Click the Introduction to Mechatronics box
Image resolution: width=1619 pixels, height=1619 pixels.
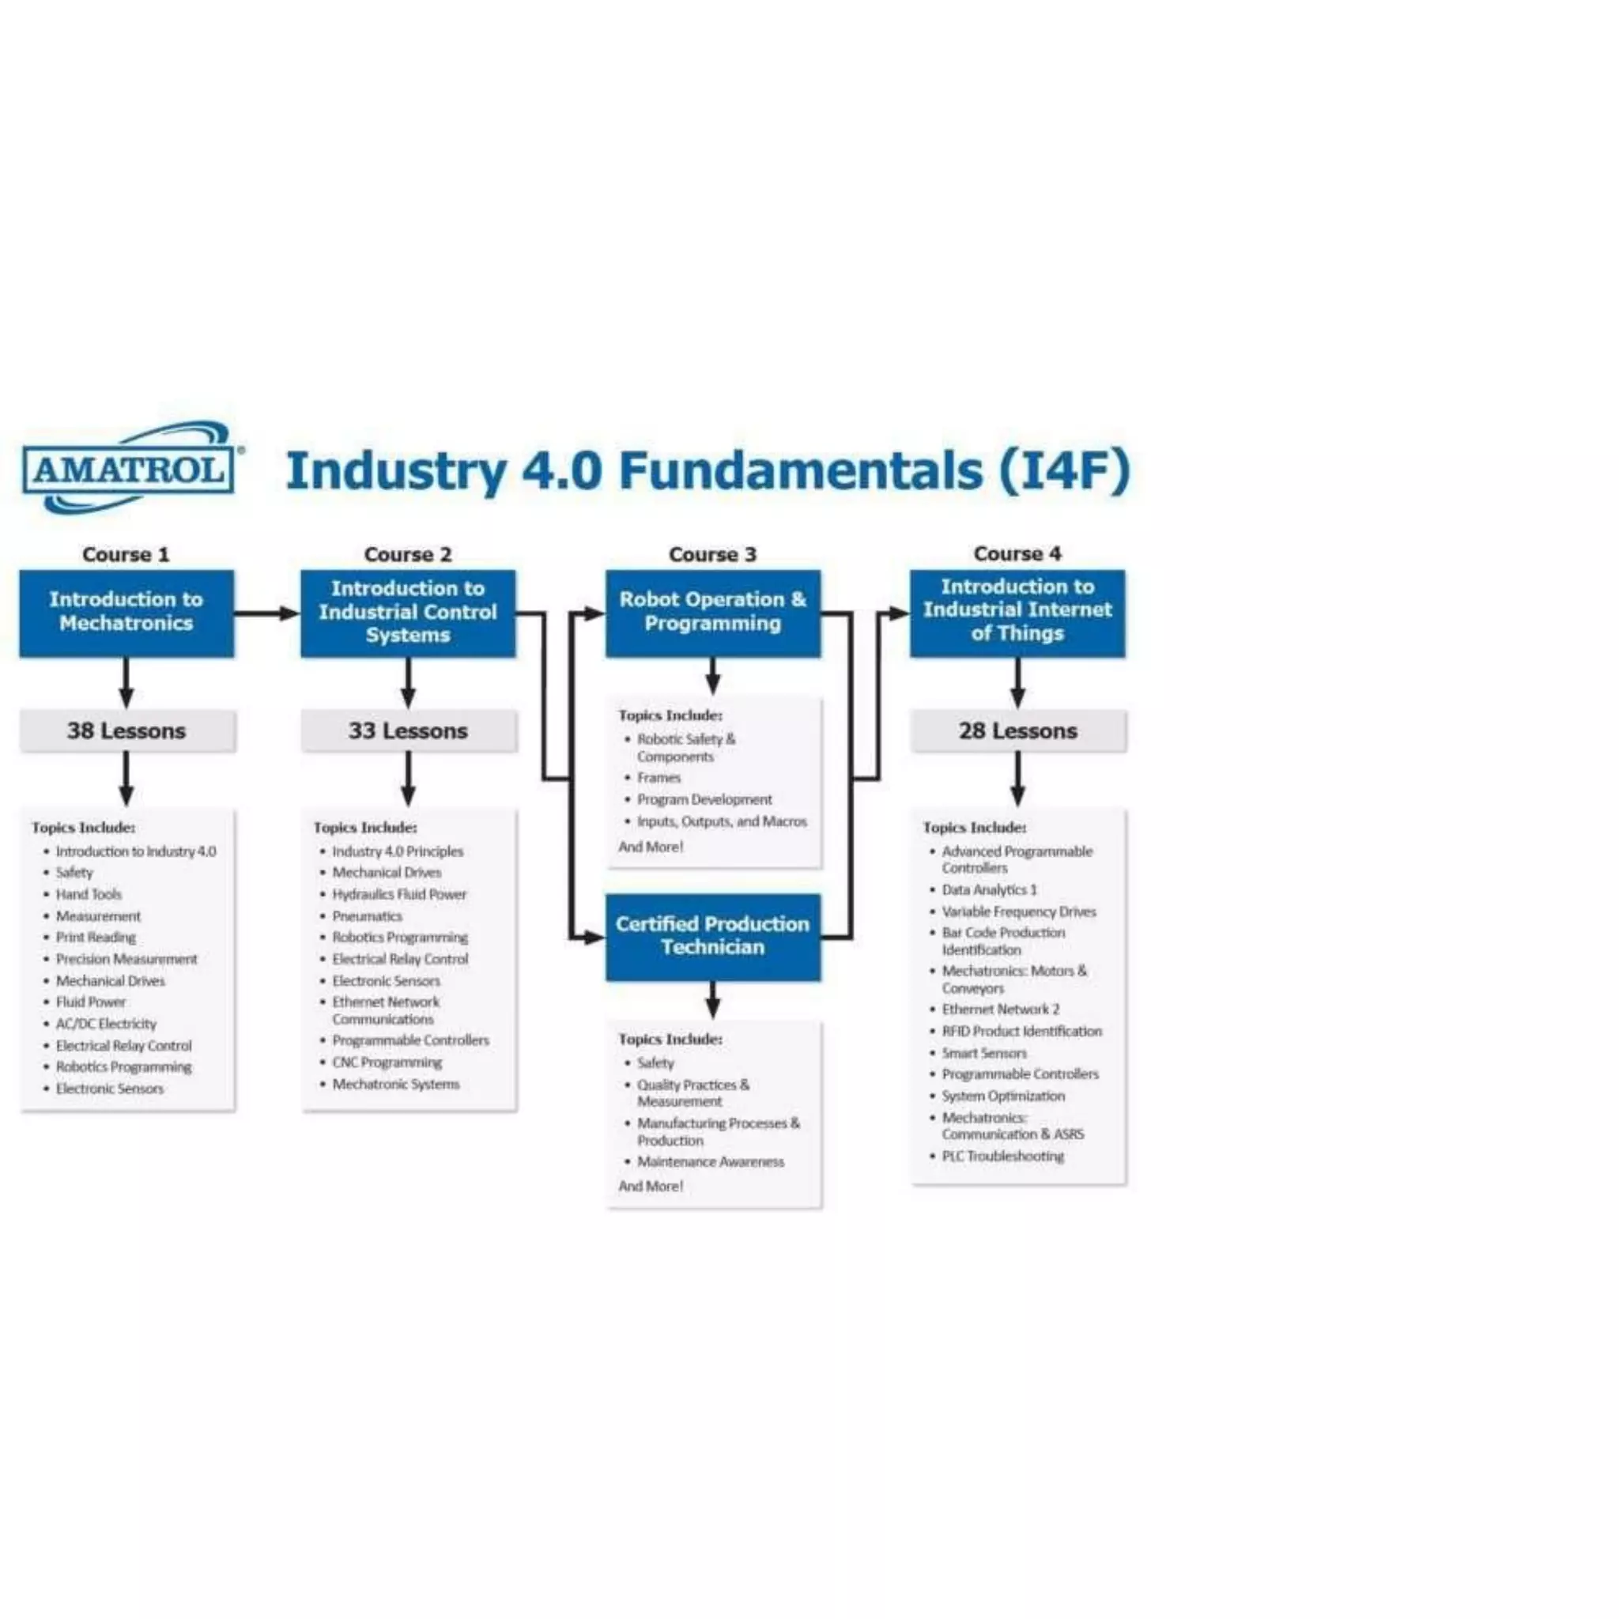point(126,613)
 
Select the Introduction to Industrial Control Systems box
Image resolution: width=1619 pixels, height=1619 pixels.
point(408,613)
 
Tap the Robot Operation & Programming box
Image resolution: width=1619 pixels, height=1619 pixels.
point(712,613)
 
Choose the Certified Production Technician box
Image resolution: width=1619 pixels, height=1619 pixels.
point(712,936)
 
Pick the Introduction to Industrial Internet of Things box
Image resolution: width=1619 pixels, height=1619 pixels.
point(1017,611)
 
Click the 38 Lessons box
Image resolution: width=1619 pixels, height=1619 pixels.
point(126,730)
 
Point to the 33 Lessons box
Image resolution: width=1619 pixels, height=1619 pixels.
point(408,730)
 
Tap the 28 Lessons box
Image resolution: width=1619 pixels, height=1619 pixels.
point(1017,730)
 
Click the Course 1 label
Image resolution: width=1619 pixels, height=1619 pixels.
point(126,554)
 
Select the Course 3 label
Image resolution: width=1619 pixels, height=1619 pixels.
point(712,554)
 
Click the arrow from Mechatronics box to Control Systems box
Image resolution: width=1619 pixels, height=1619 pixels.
point(266,613)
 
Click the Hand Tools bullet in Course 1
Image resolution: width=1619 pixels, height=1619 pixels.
point(88,894)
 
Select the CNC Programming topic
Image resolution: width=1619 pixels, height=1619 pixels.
point(387,1062)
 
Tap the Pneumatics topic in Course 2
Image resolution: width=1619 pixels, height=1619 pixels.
point(367,916)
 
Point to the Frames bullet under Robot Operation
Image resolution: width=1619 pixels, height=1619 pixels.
point(659,778)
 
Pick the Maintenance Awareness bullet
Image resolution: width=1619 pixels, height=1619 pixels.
point(711,1161)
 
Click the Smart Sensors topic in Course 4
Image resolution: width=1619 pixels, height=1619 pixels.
point(983,1052)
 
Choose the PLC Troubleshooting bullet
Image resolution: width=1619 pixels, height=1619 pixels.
point(1002,1156)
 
